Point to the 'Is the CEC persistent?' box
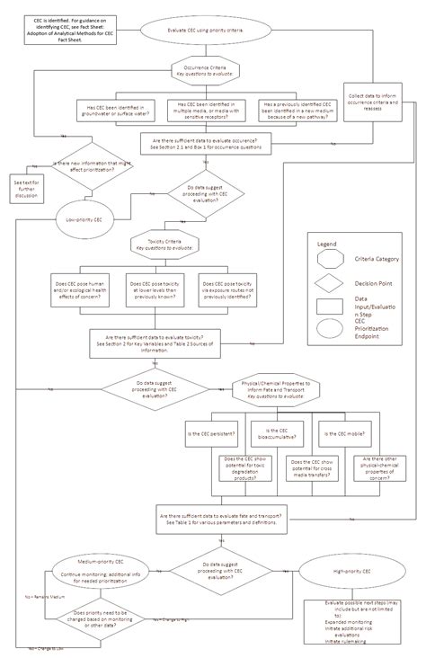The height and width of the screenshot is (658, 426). point(212,434)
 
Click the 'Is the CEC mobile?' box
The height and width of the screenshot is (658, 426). point(338,434)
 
